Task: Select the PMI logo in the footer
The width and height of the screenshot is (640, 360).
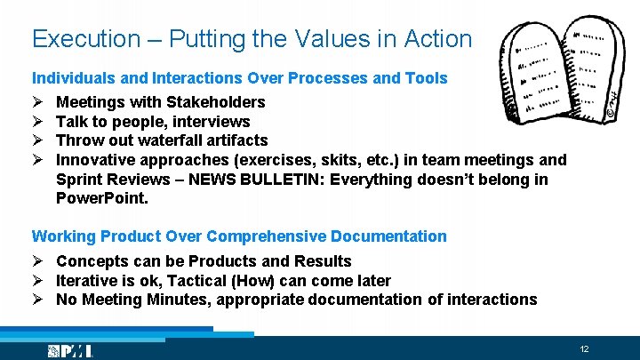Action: [x=71, y=350]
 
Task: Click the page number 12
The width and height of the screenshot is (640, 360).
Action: [x=584, y=349]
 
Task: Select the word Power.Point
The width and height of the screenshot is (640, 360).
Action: [x=102, y=199]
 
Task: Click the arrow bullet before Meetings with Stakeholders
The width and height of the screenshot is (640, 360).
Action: [x=38, y=102]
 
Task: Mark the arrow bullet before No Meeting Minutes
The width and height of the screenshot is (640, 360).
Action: [x=38, y=300]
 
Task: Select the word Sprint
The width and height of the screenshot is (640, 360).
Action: [x=80, y=180]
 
